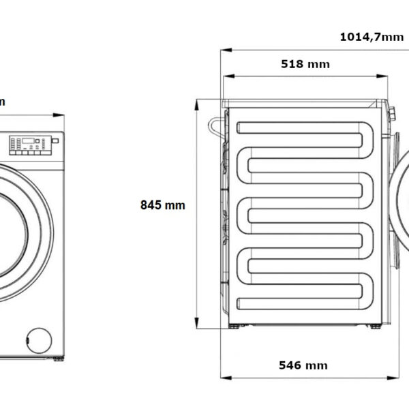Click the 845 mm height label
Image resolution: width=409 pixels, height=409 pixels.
162,204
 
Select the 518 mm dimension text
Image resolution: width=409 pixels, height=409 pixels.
305,64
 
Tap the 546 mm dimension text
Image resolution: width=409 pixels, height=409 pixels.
303,365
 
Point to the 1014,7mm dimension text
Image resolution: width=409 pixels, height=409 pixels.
372,37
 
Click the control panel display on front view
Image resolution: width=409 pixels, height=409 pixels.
27,144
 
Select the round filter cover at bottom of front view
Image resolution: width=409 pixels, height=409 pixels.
40,339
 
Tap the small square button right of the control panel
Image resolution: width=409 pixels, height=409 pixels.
55,140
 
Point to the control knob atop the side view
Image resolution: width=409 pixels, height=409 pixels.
391,112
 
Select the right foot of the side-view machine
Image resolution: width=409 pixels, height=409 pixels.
374,327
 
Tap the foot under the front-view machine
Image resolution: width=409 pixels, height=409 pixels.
58,358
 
